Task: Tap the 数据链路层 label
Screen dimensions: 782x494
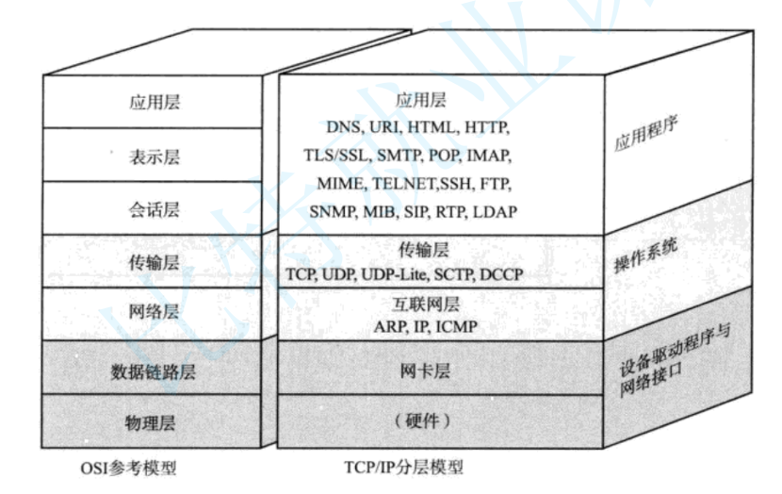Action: (x=155, y=370)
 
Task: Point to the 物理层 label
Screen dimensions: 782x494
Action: (x=155, y=420)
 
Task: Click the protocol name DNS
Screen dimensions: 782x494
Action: (x=344, y=126)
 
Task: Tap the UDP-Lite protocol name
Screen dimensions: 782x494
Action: (x=393, y=274)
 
